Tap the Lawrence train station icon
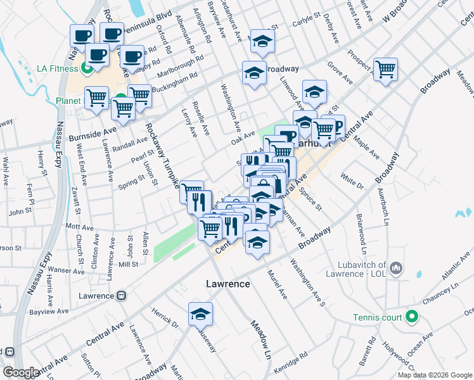point(121,296)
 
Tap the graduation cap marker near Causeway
point(200,314)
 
